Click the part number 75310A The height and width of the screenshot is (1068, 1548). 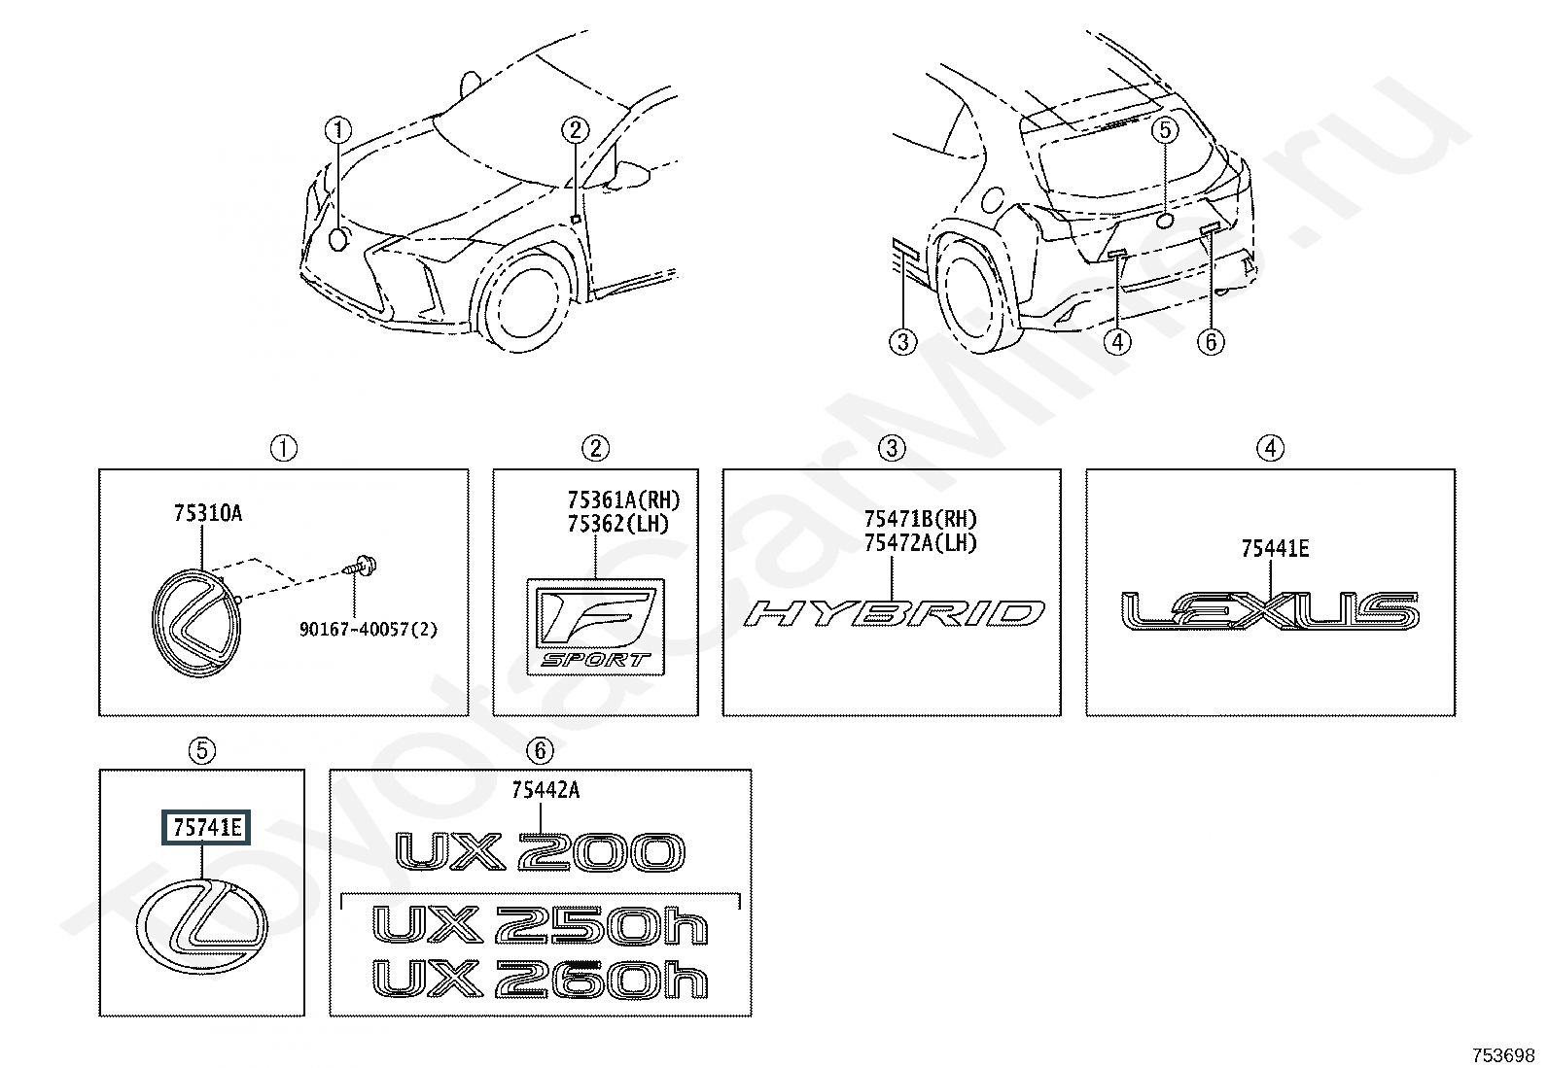(x=208, y=514)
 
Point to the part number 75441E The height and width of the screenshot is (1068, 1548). (x=1274, y=550)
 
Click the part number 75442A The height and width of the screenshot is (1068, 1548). (x=545, y=791)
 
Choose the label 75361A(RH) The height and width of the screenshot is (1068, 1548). (x=623, y=500)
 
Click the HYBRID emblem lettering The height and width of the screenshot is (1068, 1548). (x=895, y=613)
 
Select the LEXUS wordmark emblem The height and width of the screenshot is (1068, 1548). (x=1270, y=609)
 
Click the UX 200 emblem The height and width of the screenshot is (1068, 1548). (x=540, y=852)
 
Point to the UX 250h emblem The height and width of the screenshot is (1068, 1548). (x=541, y=926)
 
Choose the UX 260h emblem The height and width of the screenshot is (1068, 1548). (x=541, y=980)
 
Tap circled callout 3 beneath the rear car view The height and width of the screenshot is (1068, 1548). (x=903, y=342)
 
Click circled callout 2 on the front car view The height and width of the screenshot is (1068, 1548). (x=575, y=129)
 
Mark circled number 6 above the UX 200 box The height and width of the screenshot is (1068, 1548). (x=540, y=750)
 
